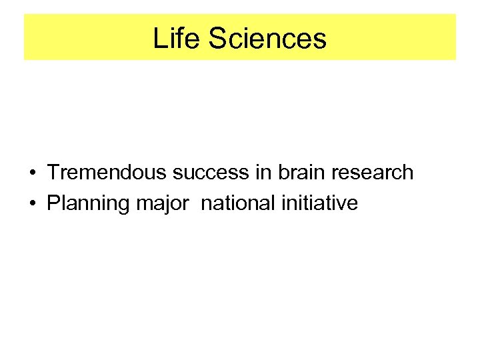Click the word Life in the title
point(177,38)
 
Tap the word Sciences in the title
point(267,38)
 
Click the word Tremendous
point(107,173)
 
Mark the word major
point(162,203)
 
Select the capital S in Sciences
point(219,38)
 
